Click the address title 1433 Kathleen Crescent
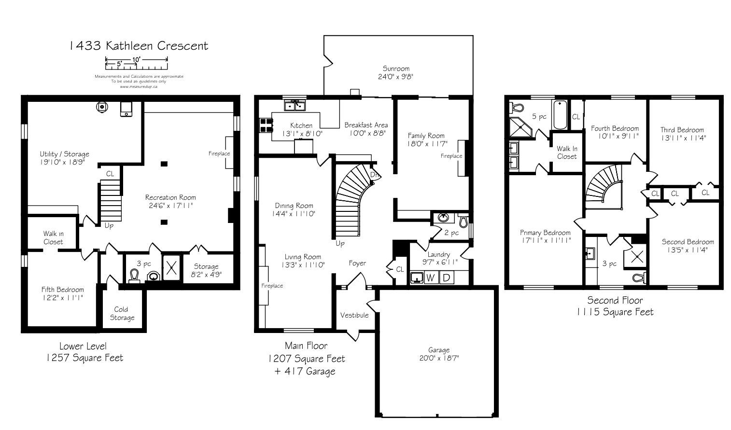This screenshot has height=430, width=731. pyautogui.click(x=139, y=46)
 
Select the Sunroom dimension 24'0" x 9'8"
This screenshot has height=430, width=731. pyautogui.click(x=395, y=77)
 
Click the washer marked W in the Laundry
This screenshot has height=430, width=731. pyautogui.click(x=431, y=277)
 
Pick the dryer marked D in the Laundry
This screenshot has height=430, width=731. pyautogui.click(x=447, y=277)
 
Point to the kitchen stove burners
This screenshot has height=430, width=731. pyautogui.click(x=266, y=125)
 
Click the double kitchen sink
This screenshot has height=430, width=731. pyautogui.click(x=295, y=106)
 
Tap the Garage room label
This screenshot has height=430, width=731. pyautogui.click(x=439, y=350)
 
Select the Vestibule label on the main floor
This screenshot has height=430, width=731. pyautogui.click(x=354, y=315)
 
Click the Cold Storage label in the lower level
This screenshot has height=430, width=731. pyautogui.click(x=121, y=314)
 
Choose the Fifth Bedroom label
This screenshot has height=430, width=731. pyautogui.click(x=62, y=290)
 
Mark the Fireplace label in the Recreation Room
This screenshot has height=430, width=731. pyautogui.click(x=219, y=153)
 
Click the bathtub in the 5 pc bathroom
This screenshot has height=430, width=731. pyautogui.click(x=561, y=115)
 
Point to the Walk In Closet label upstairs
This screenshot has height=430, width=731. pyautogui.click(x=567, y=153)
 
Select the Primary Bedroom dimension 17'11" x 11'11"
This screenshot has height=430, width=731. pyautogui.click(x=545, y=240)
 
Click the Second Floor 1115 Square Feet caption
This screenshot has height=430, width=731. pyautogui.click(x=615, y=306)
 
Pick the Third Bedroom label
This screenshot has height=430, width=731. pyautogui.click(x=682, y=130)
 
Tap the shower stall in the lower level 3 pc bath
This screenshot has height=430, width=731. pyautogui.click(x=171, y=267)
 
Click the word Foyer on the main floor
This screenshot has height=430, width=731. pyautogui.click(x=357, y=264)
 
